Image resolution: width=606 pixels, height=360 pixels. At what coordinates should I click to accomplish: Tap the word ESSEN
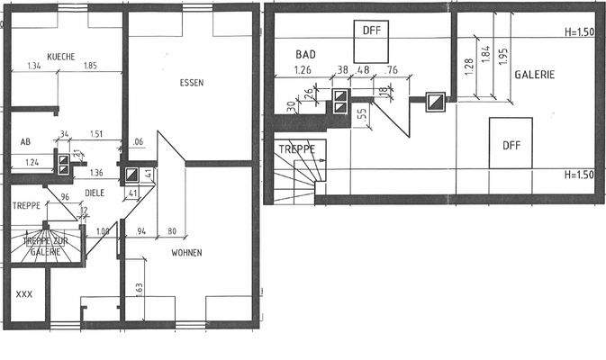pos(191,82)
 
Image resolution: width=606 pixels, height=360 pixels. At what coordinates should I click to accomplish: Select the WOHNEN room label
pos(186,253)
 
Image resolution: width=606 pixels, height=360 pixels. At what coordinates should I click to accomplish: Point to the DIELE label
pos(96,193)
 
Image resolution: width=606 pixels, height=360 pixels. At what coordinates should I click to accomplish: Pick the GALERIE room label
pos(534,75)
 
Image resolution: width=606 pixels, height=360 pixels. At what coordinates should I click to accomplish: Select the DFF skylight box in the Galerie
pos(511,144)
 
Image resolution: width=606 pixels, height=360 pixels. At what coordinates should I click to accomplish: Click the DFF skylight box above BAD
pos(372,32)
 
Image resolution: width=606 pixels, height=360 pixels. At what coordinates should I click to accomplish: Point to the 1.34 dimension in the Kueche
pos(34,66)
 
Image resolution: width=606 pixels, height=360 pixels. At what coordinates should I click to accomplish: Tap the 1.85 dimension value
pos(89,66)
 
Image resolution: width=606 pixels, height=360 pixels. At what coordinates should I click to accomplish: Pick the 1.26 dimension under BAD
pos(303,69)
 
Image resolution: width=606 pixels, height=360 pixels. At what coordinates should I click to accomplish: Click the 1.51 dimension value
pos(97,135)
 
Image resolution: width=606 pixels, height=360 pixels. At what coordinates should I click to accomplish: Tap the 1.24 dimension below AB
pos(32,162)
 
